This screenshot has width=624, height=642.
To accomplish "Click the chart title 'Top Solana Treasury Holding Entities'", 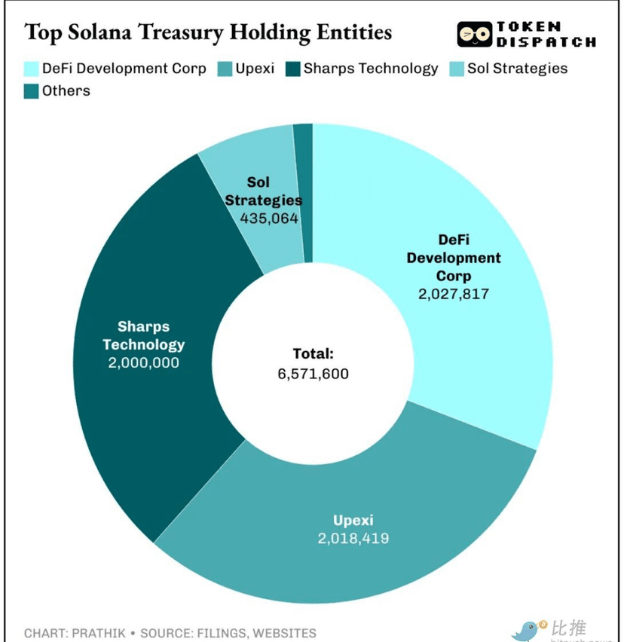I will pyautogui.click(x=208, y=32).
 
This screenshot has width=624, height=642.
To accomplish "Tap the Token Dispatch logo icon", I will pyautogui.click(x=475, y=35).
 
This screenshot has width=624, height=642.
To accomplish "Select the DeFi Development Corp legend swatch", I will pyautogui.click(x=31, y=69).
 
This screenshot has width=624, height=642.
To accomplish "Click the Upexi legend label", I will pyautogui.click(x=254, y=69).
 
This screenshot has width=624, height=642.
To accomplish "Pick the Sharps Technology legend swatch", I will pyautogui.click(x=292, y=69).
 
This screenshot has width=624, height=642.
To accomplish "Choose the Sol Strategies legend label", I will pyautogui.click(x=517, y=69).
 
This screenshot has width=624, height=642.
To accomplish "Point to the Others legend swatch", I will pyautogui.click(x=31, y=91).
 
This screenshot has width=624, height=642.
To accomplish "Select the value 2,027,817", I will pyautogui.click(x=454, y=294).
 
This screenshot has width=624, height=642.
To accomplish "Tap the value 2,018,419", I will pyautogui.click(x=353, y=538).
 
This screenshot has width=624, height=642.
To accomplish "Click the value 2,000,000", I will pyautogui.click(x=143, y=362).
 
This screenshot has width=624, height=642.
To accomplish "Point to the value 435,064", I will pyautogui.click(x=269, y=219).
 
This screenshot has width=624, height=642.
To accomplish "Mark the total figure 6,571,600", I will pyautogui.click(x=313, y=373).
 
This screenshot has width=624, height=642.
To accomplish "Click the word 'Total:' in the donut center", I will pyautogui.click(x=313, y=353).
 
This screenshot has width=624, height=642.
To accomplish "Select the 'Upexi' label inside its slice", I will pyautogui.click(x=353, y=520).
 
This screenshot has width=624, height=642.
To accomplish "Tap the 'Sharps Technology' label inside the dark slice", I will pyautogui.click(x=143, y=335).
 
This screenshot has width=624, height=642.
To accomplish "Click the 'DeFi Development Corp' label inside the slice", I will pyautogui.click(x=454, y=258).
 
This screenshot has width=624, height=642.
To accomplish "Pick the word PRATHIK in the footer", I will pyautogui.click(x=96, y=633).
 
